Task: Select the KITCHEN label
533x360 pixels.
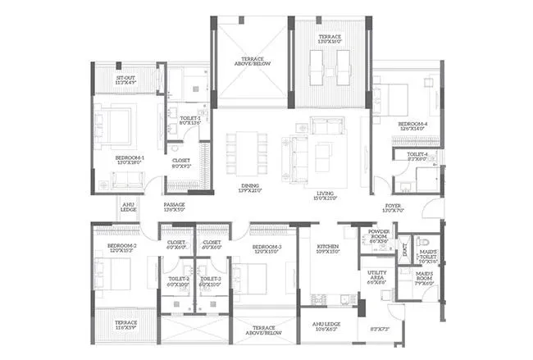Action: tap(329, 248)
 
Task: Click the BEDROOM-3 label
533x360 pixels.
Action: tap(266, 248)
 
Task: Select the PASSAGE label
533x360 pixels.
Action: tap(174, 207)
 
